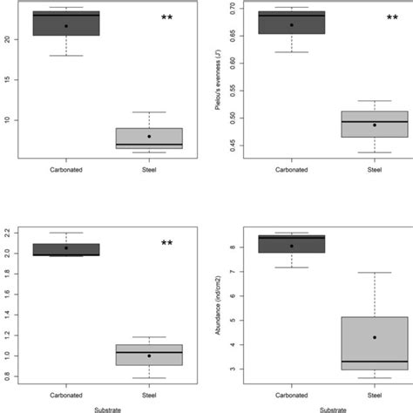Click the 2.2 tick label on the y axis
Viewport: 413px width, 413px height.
tap(7, 233)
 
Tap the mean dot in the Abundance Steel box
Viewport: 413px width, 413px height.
tap(374, 337)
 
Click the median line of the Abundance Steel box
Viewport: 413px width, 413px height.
tap(374, 361)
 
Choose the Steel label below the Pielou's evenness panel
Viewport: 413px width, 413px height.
tap(374, 171)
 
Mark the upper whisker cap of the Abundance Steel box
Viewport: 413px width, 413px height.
tap(374, 273)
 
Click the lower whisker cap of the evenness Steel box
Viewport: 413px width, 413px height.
tap(374, 152)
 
